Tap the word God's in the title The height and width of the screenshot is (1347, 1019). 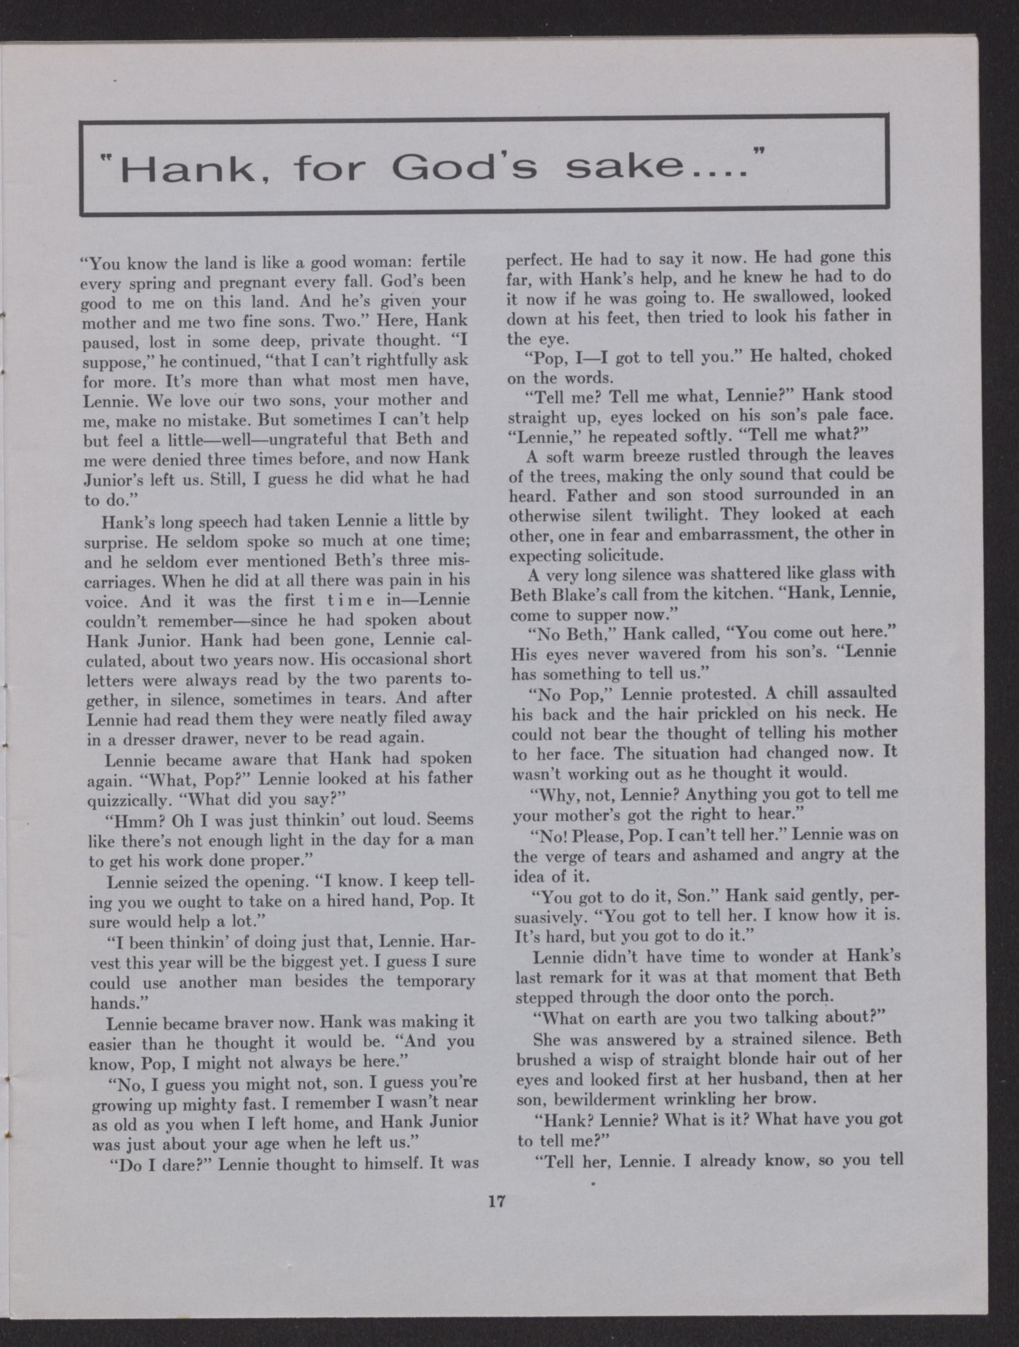465,169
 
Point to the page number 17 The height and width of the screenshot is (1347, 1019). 497,1201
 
